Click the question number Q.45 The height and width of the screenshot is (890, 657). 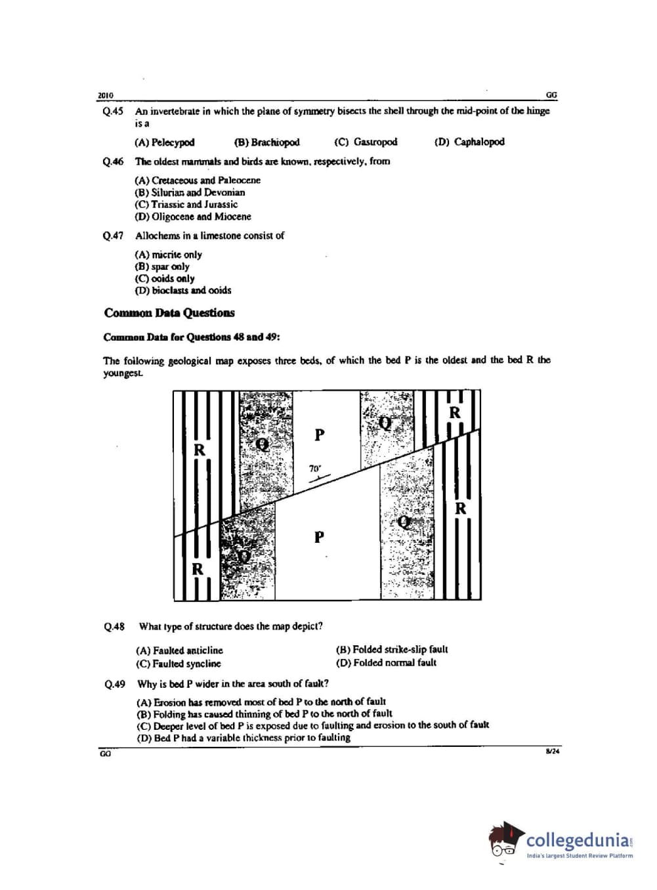(x=113, y=112)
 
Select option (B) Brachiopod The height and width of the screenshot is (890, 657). (x=266, y=142)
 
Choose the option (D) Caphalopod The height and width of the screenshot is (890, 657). (x=469, y=142)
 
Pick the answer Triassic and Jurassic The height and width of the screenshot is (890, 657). (x=186, y=204)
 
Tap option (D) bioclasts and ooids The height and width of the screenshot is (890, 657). (x=183, y=290)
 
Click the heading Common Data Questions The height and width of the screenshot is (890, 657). (x=169, y=313)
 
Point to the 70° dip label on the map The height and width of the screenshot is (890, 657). (x=315, y=469)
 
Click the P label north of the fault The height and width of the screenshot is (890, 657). (x=320, y=434)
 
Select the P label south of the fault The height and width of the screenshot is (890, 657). (x=319, y=537)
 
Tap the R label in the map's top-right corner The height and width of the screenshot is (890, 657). (x=455, y=413)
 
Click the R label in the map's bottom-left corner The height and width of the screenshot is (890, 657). (x=197, y=569)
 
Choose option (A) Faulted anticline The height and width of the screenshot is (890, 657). (x=179, y=650)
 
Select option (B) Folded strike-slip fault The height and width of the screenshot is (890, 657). (x=392, y=649)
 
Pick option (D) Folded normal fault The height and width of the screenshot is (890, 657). (x=386, y=663)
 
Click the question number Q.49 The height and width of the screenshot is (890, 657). (x=114, y=685)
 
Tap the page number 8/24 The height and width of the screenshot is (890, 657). (x=552, y=752)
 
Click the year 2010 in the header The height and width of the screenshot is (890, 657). (x=105, y=96)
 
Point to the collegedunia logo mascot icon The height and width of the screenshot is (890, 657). (x=506, y=839)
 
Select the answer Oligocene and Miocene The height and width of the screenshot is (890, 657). (x=193, y=217)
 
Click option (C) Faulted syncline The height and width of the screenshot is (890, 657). (x=179, y=664)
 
